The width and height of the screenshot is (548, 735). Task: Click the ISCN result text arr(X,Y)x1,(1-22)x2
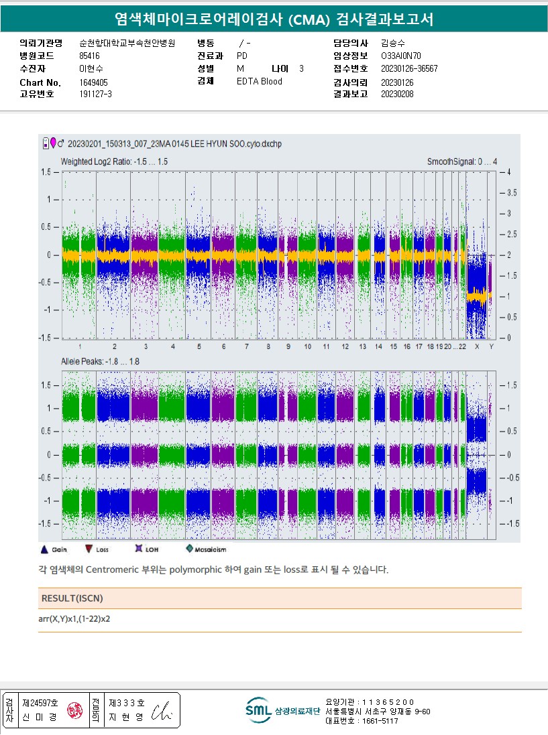point(74,618)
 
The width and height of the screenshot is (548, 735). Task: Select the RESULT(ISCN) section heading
point(72,598)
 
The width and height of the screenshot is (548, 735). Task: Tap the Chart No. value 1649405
point(93,82)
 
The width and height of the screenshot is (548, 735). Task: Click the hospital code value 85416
point(89,56)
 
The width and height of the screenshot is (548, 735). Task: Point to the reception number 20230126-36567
point(409,68)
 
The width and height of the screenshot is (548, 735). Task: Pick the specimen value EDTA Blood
point(260,82)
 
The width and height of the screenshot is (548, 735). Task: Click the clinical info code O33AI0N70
point(401,56)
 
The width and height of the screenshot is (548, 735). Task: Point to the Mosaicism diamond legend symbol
point(190,549)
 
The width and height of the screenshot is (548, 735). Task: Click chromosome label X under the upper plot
point(477,346)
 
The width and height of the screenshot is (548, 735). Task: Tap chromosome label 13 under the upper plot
point(362,346)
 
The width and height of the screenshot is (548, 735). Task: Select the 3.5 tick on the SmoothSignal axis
point(512,193)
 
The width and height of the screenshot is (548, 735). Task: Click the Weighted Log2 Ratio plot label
point(114,162)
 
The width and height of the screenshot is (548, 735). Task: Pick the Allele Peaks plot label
point(100,362)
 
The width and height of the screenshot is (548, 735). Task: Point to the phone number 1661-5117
point(380,721)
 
